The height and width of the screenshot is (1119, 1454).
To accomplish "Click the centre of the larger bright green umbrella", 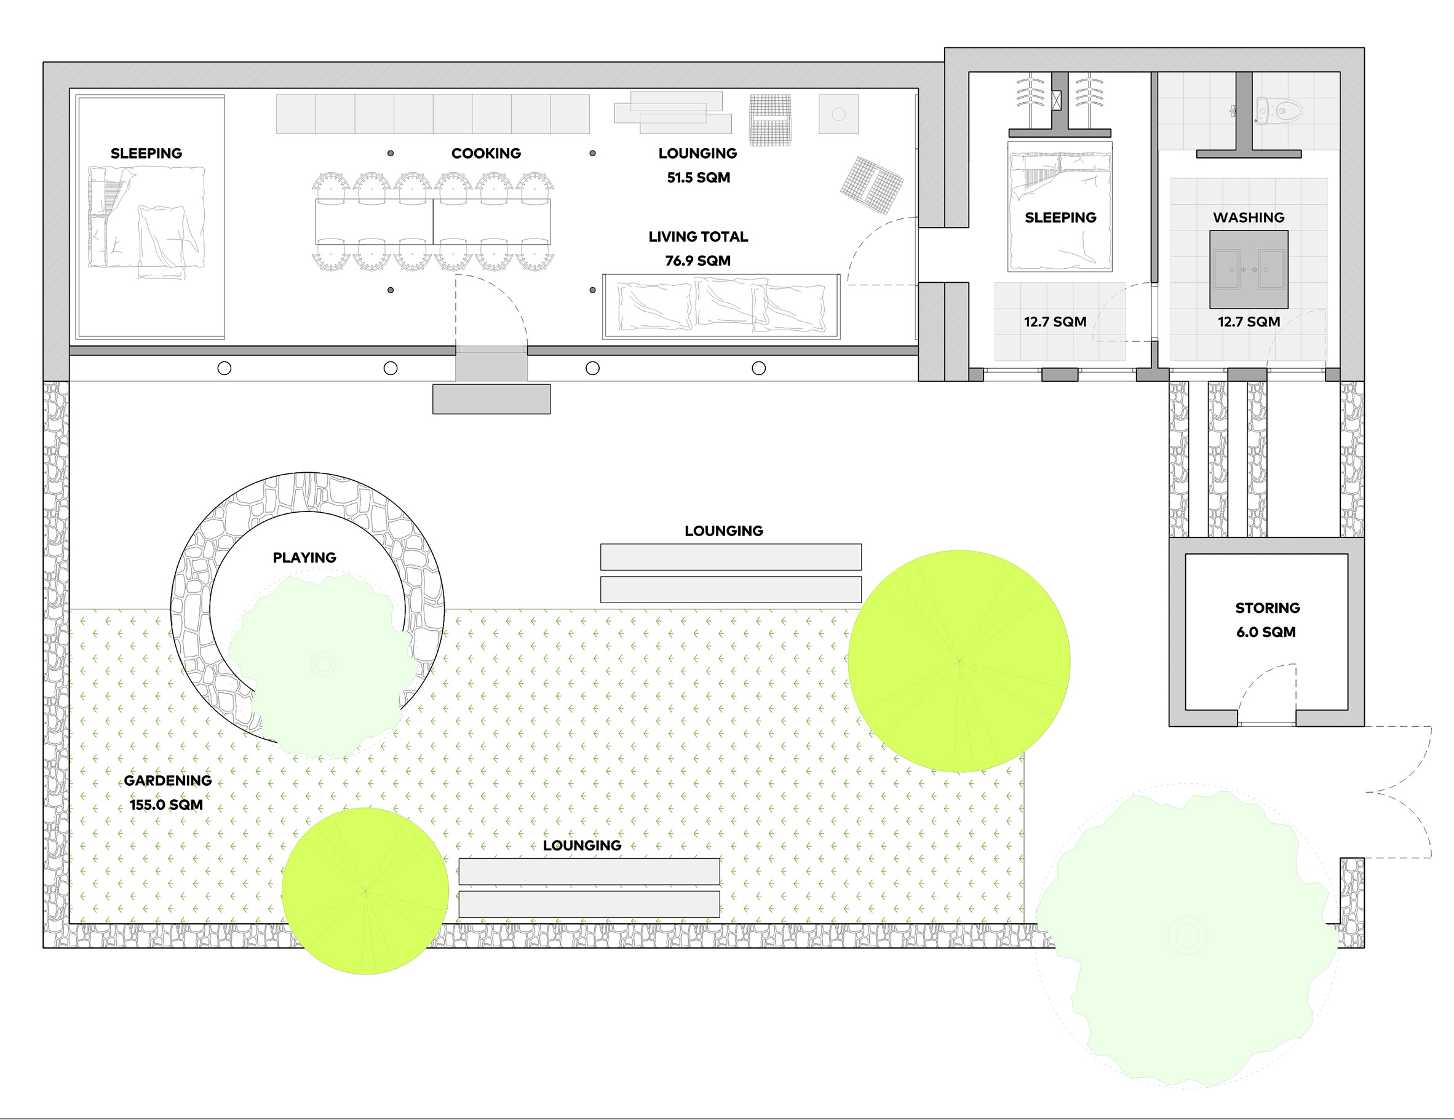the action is pos(959,661).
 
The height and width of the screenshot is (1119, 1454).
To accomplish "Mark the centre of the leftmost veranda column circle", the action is pos(224,368).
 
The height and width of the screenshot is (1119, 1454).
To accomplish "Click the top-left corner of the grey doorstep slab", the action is pos(433,384).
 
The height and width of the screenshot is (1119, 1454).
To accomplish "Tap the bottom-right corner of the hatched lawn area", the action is pos(1024,923).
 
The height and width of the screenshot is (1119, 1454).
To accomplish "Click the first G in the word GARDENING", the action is pos(129,780).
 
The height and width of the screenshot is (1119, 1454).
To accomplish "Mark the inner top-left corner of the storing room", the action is pos(1186,554).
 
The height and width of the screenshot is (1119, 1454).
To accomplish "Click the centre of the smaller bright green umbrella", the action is pos(365,891).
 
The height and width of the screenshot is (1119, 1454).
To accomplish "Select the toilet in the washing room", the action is pos(1278,110).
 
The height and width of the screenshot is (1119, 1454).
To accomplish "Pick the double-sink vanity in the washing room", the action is pos(1249,269).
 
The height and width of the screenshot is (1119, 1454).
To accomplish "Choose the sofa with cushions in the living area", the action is pos(721,307).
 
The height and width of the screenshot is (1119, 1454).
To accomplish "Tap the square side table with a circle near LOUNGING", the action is pos(838,114).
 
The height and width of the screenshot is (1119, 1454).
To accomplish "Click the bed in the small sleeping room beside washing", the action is pos(1060,207).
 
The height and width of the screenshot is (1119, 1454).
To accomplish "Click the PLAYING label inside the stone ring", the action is pos(304,558).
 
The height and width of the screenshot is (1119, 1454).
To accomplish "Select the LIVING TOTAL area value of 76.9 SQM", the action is pos(697,261).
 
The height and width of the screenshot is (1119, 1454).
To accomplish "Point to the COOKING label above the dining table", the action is pos(486,153).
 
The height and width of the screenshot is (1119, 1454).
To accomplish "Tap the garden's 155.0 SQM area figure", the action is pos(166,805).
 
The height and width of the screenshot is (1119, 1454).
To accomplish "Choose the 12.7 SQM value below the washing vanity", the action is pos(1249,322).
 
